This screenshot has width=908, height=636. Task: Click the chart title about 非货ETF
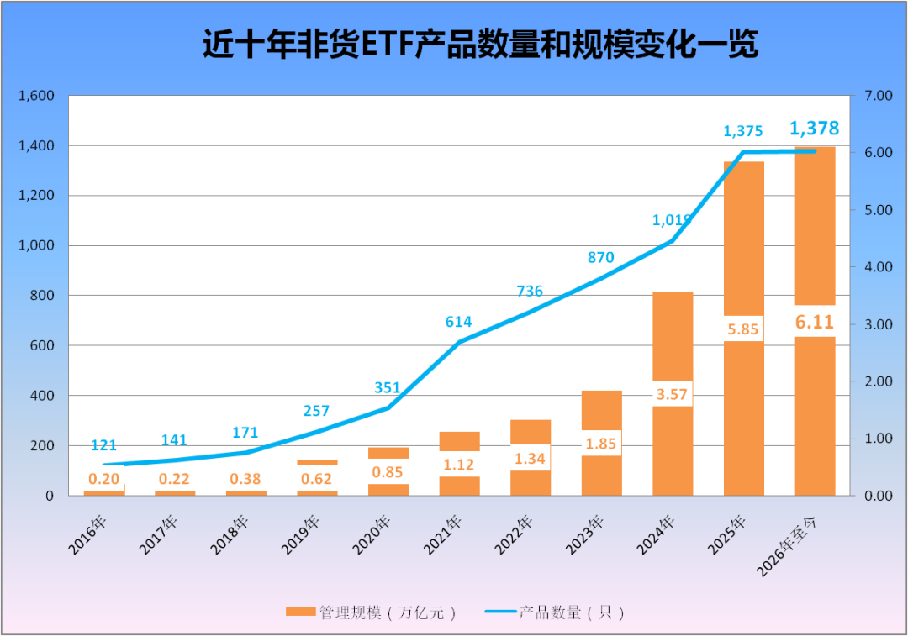tap(480, 45)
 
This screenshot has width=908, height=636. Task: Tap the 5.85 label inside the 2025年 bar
tap(744, 329)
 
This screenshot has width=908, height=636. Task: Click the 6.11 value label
tap(815, 321)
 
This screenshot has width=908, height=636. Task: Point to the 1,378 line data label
tap(814, 129)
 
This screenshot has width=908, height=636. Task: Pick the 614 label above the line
tap(459, 322)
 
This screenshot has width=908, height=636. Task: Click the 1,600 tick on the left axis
tap(36, 96)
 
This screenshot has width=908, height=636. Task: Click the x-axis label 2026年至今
tap(798, 546)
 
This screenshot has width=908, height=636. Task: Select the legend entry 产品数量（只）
tap(556, 612)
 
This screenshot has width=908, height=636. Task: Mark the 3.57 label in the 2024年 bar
tap(673, 393)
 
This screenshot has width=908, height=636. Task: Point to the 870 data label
tap(601, 258)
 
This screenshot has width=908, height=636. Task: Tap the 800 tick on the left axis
tap(41, 296)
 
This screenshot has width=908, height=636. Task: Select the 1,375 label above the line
tap(743, 131)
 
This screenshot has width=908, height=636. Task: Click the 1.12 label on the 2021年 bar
tap(459, 465)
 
